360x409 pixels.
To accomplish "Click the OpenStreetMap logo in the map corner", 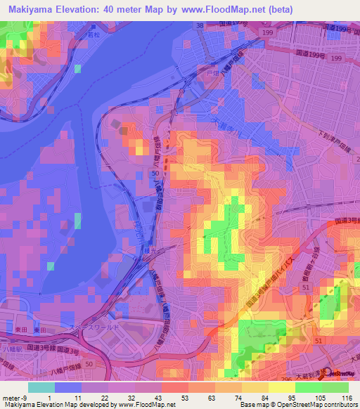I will (340, 373).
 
